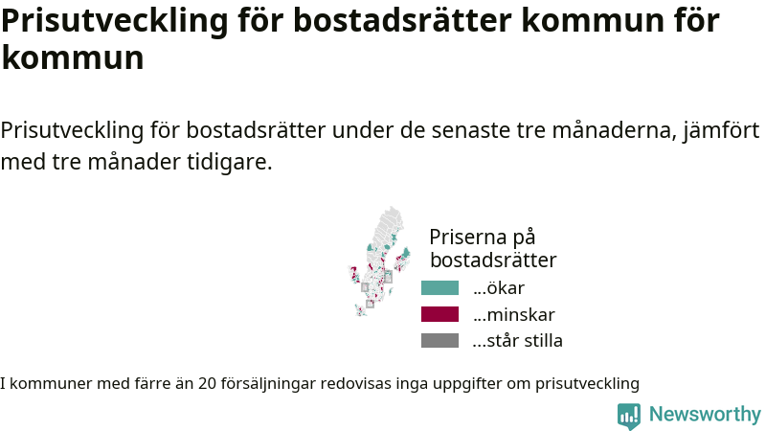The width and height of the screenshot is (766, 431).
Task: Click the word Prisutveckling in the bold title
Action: pos(115,21)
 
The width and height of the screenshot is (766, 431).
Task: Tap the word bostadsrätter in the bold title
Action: pos(402,20)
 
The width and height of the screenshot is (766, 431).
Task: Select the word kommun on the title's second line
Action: pos(73,57)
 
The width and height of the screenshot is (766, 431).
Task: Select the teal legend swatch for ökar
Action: pos(439,288)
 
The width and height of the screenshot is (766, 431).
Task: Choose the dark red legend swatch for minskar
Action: pos(439,314)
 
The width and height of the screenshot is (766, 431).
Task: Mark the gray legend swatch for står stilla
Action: pos(439,341)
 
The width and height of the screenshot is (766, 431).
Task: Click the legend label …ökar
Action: pos(499,288)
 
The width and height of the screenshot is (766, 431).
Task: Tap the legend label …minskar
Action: pos(514,315)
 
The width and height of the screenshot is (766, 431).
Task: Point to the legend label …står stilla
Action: pos(518,341)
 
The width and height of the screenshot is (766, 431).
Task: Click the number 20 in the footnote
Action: pos(207,384)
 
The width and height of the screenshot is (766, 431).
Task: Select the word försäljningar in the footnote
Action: pos(269,384)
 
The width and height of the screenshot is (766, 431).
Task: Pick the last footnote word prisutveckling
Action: pos(587,384)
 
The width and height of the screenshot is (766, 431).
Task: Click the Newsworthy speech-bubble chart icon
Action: pos(629,417)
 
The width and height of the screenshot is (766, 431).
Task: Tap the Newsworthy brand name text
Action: pos(705,415)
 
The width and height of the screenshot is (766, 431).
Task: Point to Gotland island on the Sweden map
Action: pos(391,292)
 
